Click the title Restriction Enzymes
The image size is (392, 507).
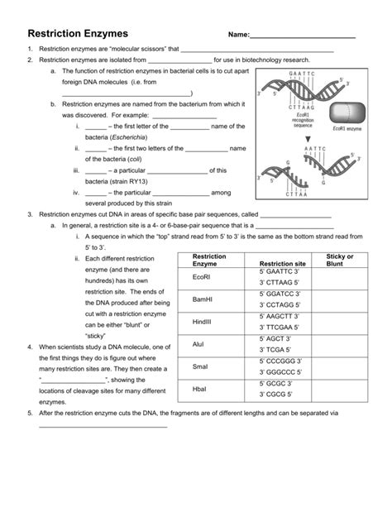pos(78,34)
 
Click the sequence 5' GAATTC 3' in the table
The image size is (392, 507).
pos(278,272)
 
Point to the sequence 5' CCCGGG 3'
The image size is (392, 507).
pos(279,361)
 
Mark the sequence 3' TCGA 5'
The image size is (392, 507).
pos(276,349)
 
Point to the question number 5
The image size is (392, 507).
pos(29,412)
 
